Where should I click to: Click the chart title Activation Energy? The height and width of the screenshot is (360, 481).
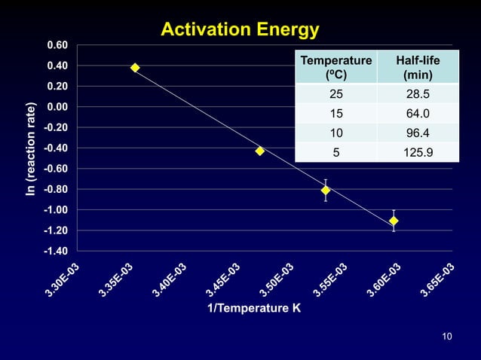pyautogui.click(x=240, y=30)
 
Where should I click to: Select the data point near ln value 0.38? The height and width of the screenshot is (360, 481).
pyautogui.click(x=135, y=68)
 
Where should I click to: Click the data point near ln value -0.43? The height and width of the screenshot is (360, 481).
pyautogui.click(x=260, y=151)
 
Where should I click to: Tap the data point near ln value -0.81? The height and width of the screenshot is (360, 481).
pyautogui.click(x=326, y=190)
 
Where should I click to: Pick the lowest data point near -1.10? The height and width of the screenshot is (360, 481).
pyautogui.click(x=394, y=221)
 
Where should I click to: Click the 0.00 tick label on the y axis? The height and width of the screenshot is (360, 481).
pyautogui.click(x=57, y=107)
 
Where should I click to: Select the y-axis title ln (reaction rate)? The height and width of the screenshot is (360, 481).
pyautogui.click(x=31, y=148)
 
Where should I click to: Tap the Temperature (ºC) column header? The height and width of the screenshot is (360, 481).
pyautogui.click(x=335, y=68)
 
